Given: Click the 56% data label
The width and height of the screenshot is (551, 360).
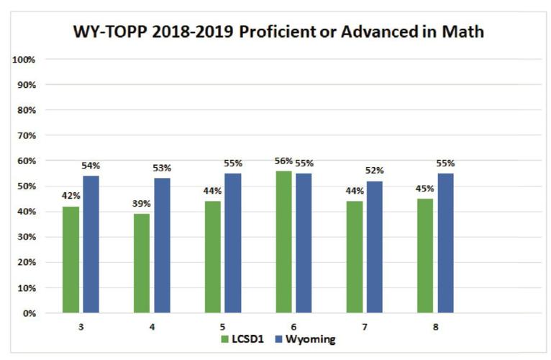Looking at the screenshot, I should coord(283,161).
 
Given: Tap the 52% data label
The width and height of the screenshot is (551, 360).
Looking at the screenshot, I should coord(375,171).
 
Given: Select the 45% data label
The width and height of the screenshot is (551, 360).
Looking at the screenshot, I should coord(425,189).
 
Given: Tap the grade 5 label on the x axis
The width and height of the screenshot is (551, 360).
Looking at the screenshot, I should coord(222,327).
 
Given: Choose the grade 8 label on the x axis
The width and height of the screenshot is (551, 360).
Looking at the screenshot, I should coord(435,327).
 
